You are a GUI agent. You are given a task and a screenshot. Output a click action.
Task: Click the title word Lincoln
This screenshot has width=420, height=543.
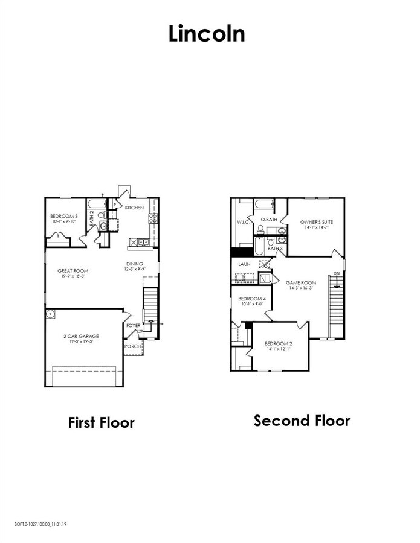point(207,34)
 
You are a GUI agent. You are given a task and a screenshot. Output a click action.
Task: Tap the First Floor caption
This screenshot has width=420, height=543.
point(101,422)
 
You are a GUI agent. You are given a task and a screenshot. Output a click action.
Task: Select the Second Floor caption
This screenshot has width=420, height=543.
point(302,420)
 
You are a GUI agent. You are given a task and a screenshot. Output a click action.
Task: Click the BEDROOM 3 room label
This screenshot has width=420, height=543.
point(64,216)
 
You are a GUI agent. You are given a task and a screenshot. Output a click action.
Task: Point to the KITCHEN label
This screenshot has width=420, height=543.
point(134,208)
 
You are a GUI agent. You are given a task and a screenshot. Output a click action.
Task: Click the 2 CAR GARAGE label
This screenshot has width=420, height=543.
point(81,336)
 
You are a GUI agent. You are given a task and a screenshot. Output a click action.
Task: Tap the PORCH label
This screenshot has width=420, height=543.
point(132,346)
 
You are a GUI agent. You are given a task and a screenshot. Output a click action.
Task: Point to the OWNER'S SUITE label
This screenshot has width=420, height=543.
point(317,222)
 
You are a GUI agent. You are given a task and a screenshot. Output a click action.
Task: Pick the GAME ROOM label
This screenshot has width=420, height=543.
point(301,282)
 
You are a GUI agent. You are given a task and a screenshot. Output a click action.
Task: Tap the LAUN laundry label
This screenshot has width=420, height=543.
point(244,264)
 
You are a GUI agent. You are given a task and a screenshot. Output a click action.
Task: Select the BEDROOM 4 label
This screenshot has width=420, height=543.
point(252,299)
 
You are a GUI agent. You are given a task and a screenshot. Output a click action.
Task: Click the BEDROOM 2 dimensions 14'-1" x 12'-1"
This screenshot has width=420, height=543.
point(278,349)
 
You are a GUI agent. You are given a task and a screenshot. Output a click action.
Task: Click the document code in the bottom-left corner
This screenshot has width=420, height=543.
point(40,525)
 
